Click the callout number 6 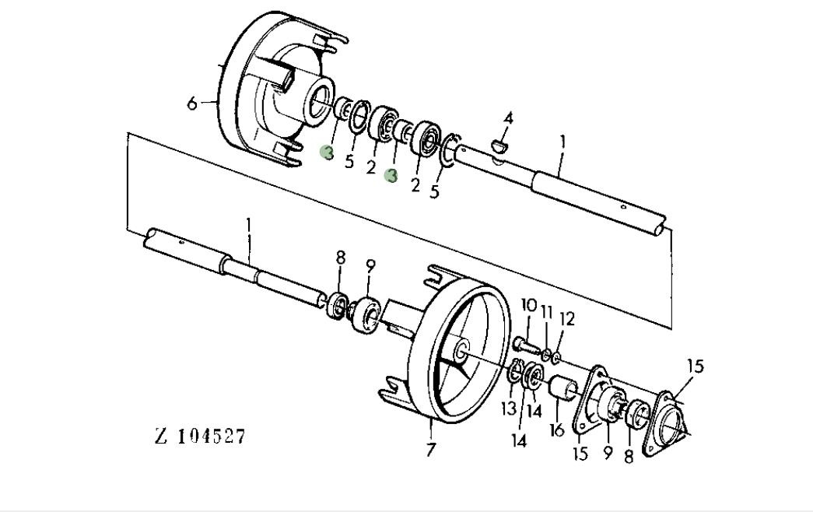pyautogui.click(x=192, y=103)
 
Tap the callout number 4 pyautogui.click(x=508, y=118)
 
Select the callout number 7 pyautogui.click(x=431, y=450)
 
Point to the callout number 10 pyautogui.click(x=529, y=304)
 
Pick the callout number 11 pyautogui.click(x=547, y=313)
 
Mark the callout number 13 pyautogui.click(x=509, y=408)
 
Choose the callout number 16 pyautogui.click(x=556, y=430)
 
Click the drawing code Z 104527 pyautogui.click(x=201, y=436)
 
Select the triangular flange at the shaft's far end pyautogui.click(x=669, y=421)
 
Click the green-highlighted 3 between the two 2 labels pyautogui.click(x=391, y=177)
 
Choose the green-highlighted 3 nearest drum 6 pyautogui.click(x=328, y=153)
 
